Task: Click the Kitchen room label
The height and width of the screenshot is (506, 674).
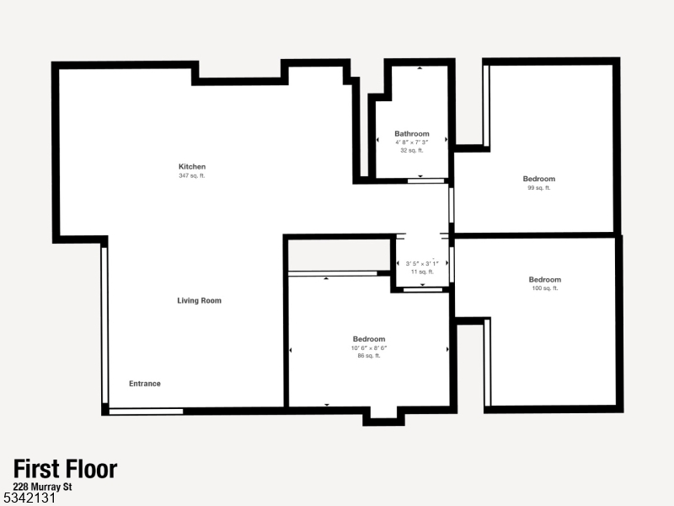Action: (x=191, y=166)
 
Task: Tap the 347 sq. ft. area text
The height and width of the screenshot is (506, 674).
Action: (x=191, y=175)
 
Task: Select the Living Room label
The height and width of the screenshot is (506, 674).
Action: (x=199, y=300)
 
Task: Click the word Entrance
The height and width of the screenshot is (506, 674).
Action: (x=144, y=384)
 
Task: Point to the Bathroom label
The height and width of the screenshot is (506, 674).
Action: (x=412, y=133)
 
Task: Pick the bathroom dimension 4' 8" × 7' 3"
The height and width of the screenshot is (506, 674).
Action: (x=412, y=142)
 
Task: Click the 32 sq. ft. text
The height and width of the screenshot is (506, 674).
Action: (x=412, y=150)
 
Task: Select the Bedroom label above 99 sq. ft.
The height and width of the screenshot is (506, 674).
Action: (x=539, y=179)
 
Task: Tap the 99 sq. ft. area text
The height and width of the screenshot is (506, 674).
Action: (x=539, y=187)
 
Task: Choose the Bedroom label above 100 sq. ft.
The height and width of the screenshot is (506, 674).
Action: (x=544, y=279)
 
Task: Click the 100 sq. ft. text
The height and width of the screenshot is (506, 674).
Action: (x=544, y=288)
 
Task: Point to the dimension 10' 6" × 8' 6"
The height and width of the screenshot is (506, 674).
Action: (x=369, y=347)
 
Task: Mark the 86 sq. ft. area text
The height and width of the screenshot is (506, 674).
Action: (x=369, y=356)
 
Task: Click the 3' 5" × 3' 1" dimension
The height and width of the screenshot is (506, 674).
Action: (x=422, y=263)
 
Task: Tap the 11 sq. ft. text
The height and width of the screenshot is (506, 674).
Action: (x=422, y=272)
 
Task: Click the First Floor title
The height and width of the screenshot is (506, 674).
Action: (x=65, y=470)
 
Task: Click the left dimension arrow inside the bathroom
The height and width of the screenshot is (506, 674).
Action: (x=377, y=141)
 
